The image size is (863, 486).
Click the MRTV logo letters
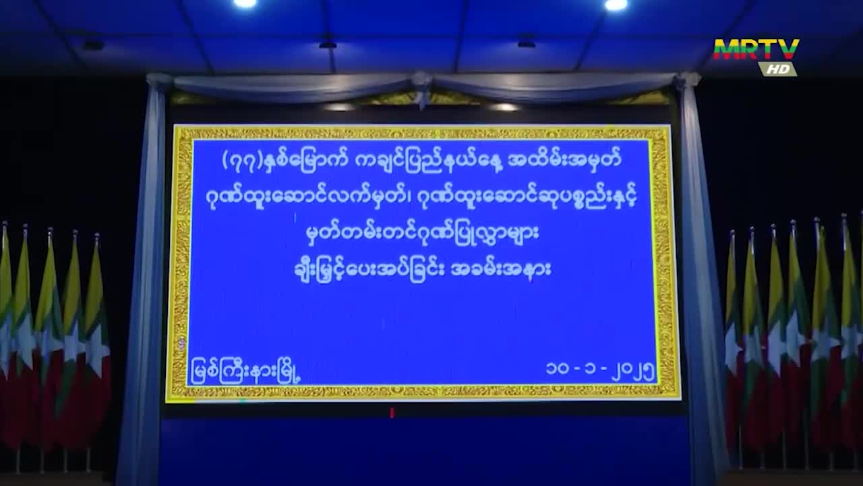click(x=756, y=49)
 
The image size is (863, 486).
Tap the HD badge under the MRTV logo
click(x=777, y=69)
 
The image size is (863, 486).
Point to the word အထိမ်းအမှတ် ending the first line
click(x=565, y=160)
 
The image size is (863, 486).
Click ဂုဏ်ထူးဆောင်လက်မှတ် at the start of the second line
click(x=306, y=198)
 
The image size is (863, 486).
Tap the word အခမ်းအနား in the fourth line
click(x=501, y=270)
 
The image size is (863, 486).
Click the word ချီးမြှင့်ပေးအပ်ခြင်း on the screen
click(x=368, y=271)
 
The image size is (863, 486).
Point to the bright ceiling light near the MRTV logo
click(x=616, y=5)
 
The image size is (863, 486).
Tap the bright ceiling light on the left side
click(x=245, y=3)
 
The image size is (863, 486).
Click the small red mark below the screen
click(x=392, y=412)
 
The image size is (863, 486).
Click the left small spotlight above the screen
click(x=340, y=107)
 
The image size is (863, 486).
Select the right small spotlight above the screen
click(x=503, y=107)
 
